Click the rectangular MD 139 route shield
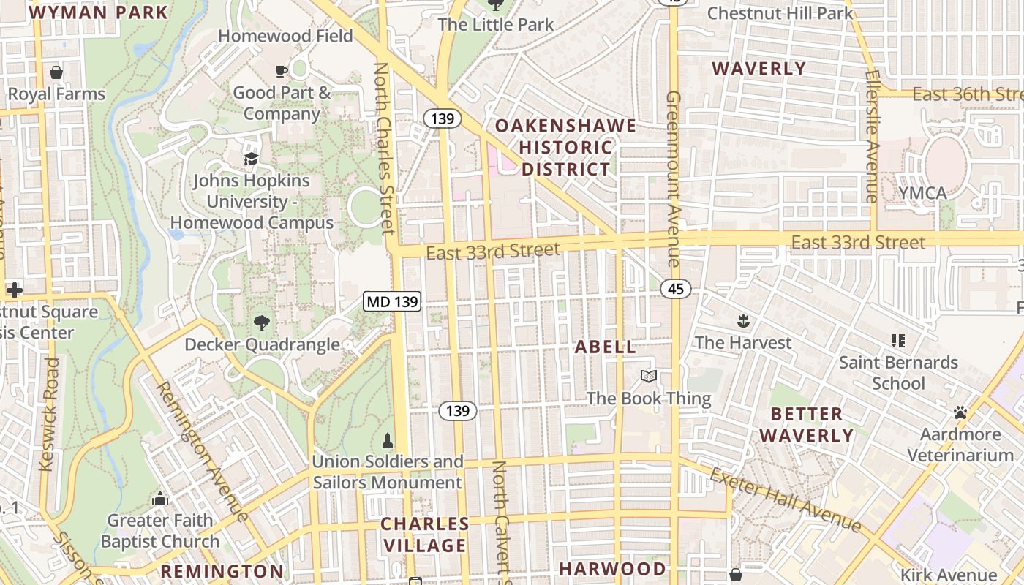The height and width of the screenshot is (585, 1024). (x=392, y=301)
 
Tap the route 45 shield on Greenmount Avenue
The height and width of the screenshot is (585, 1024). (x=675, y=289)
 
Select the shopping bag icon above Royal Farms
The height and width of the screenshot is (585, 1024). (x=56, y=72)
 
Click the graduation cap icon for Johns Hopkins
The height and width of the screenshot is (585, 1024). (x=252, y=159)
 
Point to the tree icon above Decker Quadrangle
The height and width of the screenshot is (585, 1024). (x=261, y=322)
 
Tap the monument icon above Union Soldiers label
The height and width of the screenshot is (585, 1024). (x=387, y=440)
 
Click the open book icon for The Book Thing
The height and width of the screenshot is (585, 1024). (x=648, y=376)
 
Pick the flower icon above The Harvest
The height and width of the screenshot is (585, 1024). (x=743, y=320)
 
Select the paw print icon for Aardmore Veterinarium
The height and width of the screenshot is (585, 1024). (x=960, y=413)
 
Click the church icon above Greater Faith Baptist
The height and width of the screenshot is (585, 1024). (x=159, y=499)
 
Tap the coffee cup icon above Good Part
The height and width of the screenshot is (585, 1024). (x=282, y=71)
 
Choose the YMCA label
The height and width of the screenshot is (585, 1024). (x=923, y=193)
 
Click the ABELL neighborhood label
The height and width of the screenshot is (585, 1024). (x=606, y=347)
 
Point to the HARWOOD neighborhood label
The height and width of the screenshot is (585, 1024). (x=612, y=568)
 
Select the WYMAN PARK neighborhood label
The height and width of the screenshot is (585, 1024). (x=99, y=12)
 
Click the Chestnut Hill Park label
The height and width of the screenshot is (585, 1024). (x=780, y=13)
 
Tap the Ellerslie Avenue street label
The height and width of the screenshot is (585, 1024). (x=870, y=136)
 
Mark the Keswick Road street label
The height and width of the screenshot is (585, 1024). (x=49, y=414)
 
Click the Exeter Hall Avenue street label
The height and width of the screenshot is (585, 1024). (x=786, y=501)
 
